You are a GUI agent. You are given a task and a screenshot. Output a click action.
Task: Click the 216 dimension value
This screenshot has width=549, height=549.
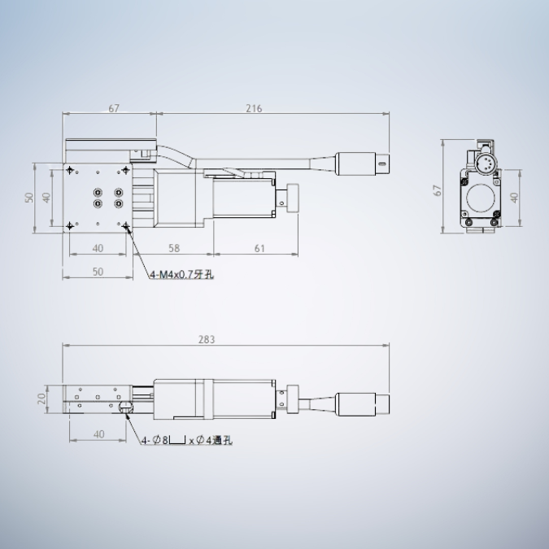coord(254,108)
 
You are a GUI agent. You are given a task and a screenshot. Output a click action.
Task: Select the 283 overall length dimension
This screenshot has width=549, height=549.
coord(207,339)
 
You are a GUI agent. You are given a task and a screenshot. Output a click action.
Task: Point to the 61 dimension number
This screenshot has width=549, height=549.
coord(259,248)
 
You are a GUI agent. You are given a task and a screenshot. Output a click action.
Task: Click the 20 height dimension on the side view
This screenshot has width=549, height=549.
coord(41,399)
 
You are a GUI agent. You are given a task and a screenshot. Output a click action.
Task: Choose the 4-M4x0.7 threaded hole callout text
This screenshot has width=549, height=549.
coord(181,275)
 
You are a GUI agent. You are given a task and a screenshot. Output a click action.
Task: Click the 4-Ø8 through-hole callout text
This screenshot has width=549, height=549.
coord(186,441)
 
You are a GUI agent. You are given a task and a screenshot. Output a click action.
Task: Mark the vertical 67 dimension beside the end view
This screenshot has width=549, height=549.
coord(438,190)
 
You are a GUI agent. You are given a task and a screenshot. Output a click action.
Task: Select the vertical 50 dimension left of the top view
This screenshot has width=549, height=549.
coord(29,198)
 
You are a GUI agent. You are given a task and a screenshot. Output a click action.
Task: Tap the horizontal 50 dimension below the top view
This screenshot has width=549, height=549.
coord(98,272)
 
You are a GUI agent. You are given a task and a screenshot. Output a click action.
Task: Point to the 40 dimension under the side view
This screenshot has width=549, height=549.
coord(98,434)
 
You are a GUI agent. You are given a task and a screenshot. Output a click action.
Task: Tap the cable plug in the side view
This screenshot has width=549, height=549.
coord(363,402)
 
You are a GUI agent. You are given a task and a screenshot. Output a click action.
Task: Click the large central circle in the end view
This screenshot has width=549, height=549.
coord(481,197)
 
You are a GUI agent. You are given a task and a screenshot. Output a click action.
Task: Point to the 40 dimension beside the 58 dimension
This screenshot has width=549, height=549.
coord(98,248)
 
